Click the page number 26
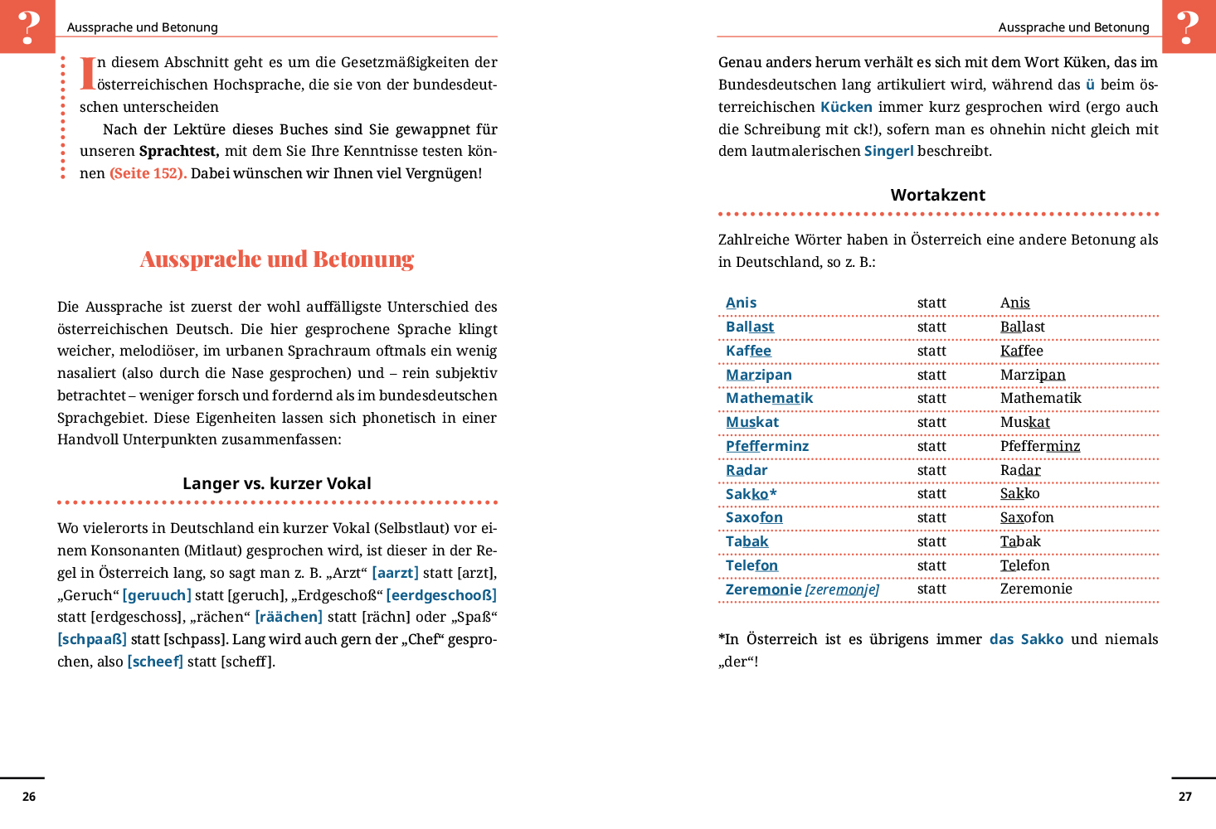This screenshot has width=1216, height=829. pos(29,797)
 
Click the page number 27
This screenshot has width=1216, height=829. pos(1185,797)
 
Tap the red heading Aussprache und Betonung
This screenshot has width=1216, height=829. pos(277,259)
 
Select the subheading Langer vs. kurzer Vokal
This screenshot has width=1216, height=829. pos(277,483)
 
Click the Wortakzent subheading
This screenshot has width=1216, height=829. pos(938,195)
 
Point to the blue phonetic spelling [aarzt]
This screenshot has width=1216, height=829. pos(396,573)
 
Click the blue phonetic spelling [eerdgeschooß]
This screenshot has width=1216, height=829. pos(441,595)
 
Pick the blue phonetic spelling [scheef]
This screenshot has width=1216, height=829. pos(155,662)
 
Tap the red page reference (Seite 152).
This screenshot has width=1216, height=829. pos(148,173)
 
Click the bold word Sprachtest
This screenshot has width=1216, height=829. pos(178,151)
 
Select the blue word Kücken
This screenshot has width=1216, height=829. pos(846,107)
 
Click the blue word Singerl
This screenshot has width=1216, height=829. pos(888,151)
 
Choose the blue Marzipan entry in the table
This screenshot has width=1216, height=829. pos(759,375)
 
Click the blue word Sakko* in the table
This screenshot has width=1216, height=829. pos(751,494)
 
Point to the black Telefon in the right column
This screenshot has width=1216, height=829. pos(1025,565)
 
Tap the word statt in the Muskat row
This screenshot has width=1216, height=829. pos(931,422)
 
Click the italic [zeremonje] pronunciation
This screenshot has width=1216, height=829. pos(842,589)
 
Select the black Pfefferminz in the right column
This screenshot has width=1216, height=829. pos(1040,446)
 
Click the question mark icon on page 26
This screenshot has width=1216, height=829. pos(27,27)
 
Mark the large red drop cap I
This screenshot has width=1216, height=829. pos(87,73)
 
